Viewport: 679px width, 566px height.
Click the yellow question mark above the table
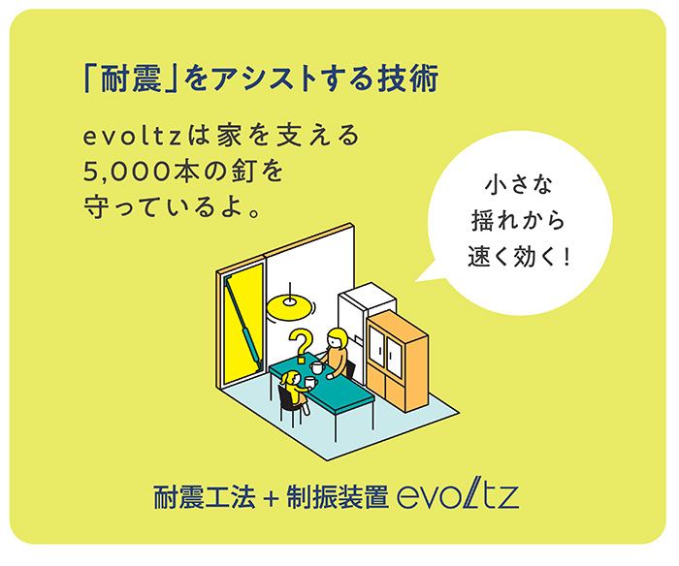pyautogui.click(x=302, y=346)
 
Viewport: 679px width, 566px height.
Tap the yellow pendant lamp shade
pyautogui.click(x=290, y=307)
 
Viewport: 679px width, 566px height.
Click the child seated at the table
pyautogui.click(x=295, y=390)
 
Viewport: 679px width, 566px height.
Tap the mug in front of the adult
pyautogui.click(x=317, y=368)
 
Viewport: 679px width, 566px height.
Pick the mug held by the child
pyautogui.click(x=310, y=382)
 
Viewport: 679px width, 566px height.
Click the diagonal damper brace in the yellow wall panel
pyautogui.click(x=242, y=322)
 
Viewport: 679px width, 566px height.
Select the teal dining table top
pyautogui.click(x=321, y=382)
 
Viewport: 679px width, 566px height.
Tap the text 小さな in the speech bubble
pyautogui.click(x=519, y=185)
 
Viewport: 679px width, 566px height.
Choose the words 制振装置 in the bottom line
pyautogui.click(x=338, y=498)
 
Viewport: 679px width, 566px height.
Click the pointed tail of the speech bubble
pyautogui.click(x=416, y=281)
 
